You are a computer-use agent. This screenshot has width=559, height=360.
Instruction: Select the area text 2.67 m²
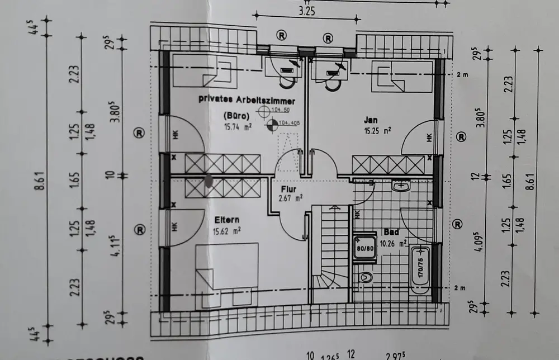pyautogui.click(x=291, y=197)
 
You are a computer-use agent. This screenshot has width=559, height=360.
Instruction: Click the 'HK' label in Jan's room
pyautogui.click(x=429, y=137)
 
